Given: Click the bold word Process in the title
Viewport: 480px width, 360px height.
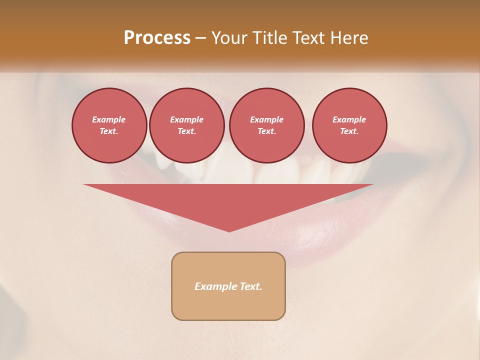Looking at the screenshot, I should pyautogui.click(x=157, y=38).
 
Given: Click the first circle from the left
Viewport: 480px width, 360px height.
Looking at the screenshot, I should pyautogui.click(x=109, y=125).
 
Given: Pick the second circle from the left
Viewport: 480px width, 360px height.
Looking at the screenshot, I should pyautogui.click(x=187, y=125).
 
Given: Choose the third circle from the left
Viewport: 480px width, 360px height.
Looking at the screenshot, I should pyautogui.click(x=267, y=125).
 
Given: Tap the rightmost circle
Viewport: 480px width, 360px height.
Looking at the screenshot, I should pyautogui.click(x=349, y=125).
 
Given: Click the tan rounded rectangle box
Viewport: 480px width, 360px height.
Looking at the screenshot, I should pyautogui.click(x=228, y=286).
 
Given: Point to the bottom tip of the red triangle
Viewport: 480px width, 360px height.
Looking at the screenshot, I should pyautogui.click(x=229, y=231).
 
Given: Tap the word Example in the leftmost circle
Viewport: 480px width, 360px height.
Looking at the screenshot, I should pyautogui.click(x=109, y=119).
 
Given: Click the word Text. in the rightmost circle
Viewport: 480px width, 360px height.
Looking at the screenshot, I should pyautogui.click(x=349, y=131).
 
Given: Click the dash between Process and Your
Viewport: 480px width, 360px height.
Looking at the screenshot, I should pyautogui.click(x=201, y=38).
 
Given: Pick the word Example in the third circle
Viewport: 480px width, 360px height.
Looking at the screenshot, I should pyautogui.click(x=267, y=119).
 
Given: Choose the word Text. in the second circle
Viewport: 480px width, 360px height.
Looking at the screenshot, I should pyautogui.click(x=187, y=131).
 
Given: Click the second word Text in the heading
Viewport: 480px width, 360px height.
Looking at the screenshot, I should pyautogui.click(x=308, y=38).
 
